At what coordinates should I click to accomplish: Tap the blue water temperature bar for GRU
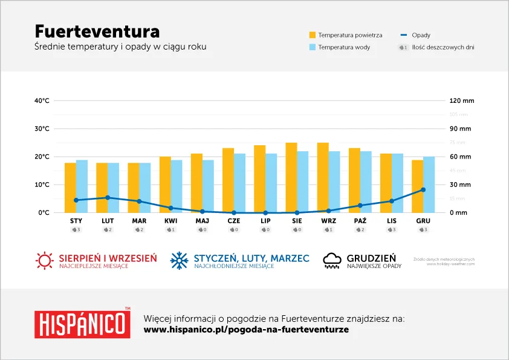click(x=429, y=185)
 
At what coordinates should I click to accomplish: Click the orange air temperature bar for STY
click(x=70, y=188)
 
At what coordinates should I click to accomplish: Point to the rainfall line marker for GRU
click(x=423, y=189)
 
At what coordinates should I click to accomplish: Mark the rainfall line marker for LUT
click(x=108, y=197)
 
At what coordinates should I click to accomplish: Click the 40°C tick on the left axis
click(x=42, y=100)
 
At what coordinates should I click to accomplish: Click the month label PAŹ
click(x=360, y=221)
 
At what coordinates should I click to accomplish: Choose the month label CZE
click(x=234, y=221)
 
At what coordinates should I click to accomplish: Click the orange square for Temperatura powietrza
click(x=313, y=35)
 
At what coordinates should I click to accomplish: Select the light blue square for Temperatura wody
click(x=313, y=47)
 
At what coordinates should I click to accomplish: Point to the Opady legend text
click(x=421, y=35)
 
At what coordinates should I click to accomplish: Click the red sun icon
click(x=44, y=261)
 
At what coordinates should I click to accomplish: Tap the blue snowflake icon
click(x=179, y=261)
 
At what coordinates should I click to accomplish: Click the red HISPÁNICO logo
click(x=82, y=324)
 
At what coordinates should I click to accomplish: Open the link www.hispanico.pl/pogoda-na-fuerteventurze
click(x=246, y=330)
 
